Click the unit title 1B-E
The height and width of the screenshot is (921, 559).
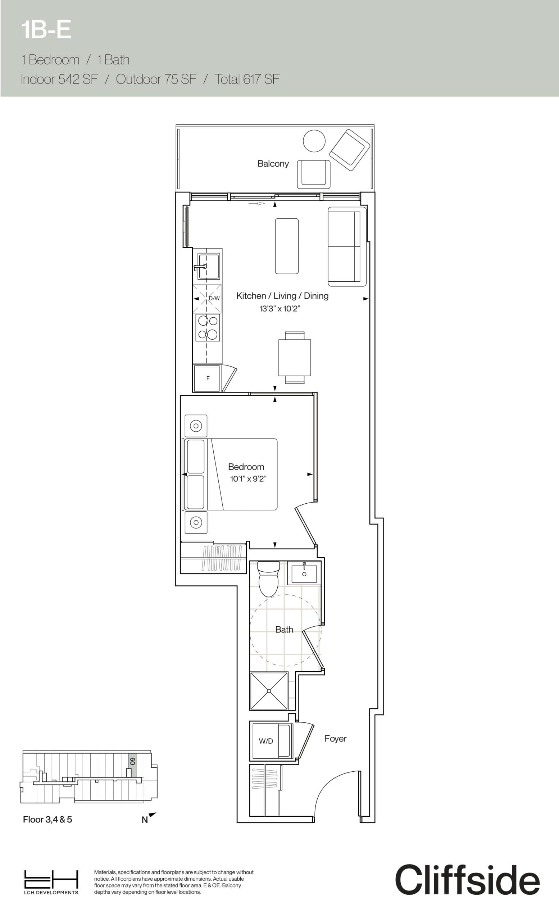pyautogui.click(x=46, y=30)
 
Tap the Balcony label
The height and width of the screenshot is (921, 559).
pyautogui.click(x=273, y=164)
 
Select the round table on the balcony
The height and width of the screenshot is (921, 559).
pyautogui.click(x=314, y=141)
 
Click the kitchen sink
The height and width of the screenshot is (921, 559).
pyautogui.click(x=209, y=266)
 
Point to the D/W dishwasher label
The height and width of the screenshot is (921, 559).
pyautogui.click(x=214, y=298)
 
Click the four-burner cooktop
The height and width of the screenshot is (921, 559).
pyautogui.click(x=208, y=327)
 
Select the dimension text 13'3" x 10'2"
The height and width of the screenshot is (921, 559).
pyautogui.click(x=279, y=309)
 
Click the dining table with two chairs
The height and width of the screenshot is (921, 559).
pyautogui.click(x=295, y=357)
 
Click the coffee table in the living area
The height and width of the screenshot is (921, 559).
pyautogui.click(x=287, y=246)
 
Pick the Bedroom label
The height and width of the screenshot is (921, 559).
pyautogui.click(x=246, y=467)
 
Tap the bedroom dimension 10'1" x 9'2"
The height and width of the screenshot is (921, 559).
pyautogui.click(x=248, y=479)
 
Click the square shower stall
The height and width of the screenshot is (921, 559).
pyautogui.click(x=269, y=691)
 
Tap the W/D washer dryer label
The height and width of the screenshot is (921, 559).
pyautogui.click(x=266, y=741)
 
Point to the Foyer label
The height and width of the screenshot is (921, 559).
pyautogui.click(x=335, y=739)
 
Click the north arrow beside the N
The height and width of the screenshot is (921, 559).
pyautogui.click(x=152, y=815)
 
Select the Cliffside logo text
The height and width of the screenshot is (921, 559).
pyautogui.click(x=467, y=880)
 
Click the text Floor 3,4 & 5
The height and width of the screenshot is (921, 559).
pyautogui.click(x=47, y=819)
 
